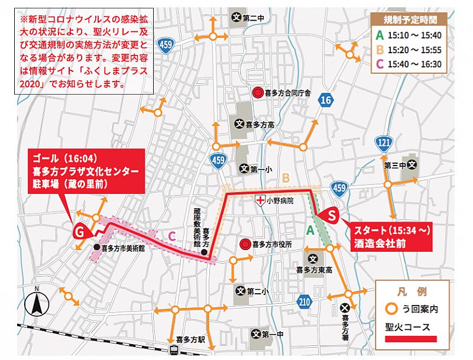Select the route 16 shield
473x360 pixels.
(325, 101)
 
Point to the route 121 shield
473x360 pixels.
(384, 142)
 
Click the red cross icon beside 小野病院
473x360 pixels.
(259, 200)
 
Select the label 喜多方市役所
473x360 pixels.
(273, 244)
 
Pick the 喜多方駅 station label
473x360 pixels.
(190, 340)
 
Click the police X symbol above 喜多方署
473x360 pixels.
(345, 307)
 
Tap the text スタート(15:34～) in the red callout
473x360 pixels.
(388, 229)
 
